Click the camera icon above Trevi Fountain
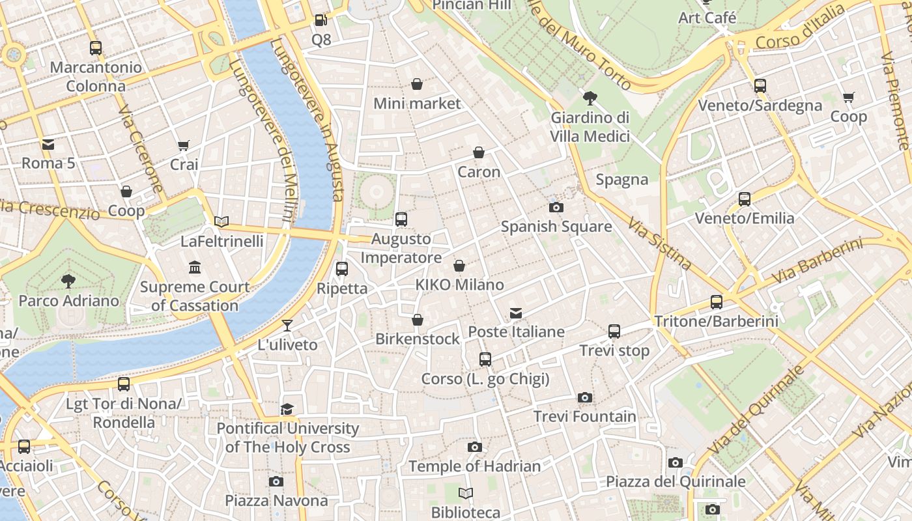pyautogui.click(x=585, y=397)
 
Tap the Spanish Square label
pyautogui.click(x=556, y=227)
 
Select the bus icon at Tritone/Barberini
pyautogui.click(x=717, y=302)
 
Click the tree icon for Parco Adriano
pyautogui.click(x=68, y=281)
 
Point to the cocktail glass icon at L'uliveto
pyautogui.click(x=287, y=325)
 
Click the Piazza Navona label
pyautogui.click(x=276, y=500)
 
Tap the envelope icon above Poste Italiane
pyautogui.click(x=516, y=313)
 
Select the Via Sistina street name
pyautogui.click(x=659, y=244)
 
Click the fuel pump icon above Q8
pyautogui.click(x=321, y=20)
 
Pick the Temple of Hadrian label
pyautogui.click(x=475, y=466)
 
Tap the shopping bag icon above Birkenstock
pyautogui.click(x=418, y=320)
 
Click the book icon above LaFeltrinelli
pyautogui.click(x=221, y=221)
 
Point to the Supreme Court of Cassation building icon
pyautogui.click(x=195, y=267)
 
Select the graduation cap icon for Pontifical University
pyautogui.click(x=287, y=409)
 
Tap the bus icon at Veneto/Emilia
pyautogui.click(x=745, y=199)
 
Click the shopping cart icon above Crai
pyautogui.click(x=184, y=146)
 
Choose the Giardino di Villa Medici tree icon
pyautogui.click(x=590, y=98)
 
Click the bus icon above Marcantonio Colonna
pyautogui.click(x=96, y=48)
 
